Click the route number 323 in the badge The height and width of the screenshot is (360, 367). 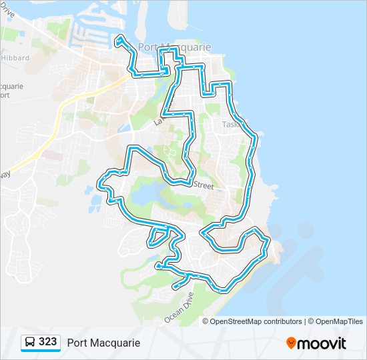[x=48, y=342]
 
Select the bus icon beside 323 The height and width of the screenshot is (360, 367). [x=31, y=343]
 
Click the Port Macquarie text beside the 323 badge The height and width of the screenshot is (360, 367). [x=103, y=343]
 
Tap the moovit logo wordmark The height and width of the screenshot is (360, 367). [x=322, y=343]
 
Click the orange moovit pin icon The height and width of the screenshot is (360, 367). [x=292, y=343]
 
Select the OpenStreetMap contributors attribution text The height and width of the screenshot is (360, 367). [x=256, y=321]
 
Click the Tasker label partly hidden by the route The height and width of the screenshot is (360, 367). [x=233, y=124]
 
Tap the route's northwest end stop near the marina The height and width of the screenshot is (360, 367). [x=119, y=41]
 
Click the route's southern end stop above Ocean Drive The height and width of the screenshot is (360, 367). [x=175, y=287]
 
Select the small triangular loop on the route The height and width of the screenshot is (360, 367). [x=158, y=236]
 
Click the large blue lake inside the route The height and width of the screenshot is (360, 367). [x=144, y=197]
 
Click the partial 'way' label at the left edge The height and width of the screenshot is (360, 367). [x=5, y=174]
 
